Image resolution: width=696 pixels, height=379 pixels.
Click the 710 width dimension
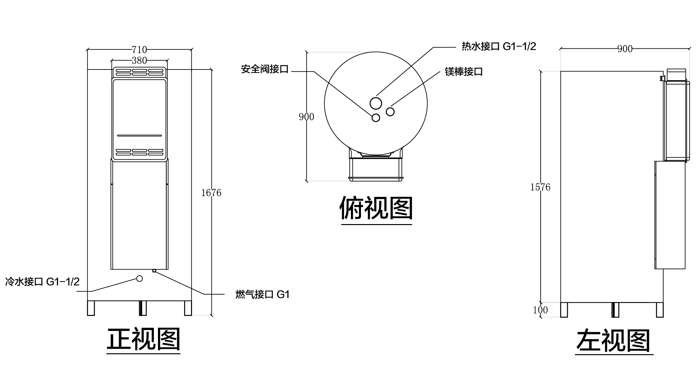coord(139,50)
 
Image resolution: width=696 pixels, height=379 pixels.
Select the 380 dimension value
coord(139,60)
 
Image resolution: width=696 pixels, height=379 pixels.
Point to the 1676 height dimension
coord(211,193)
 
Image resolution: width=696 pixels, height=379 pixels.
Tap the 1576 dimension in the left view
coord(540,187)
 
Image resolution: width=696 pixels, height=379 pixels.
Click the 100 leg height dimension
coord(540,310)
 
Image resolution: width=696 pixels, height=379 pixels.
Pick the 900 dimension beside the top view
coord(306,117)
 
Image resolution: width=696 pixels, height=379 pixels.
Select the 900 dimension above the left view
coord(625,49)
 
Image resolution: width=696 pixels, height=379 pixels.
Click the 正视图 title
coord(143,339)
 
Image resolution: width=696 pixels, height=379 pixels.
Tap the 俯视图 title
coord(376,208)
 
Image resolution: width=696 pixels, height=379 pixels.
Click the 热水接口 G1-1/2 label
coord(499,46)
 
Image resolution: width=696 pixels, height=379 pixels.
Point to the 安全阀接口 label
coord(265,69)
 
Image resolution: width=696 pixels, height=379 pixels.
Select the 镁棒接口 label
coord(464,71)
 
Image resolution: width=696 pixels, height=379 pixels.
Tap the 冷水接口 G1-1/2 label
coord(42,282)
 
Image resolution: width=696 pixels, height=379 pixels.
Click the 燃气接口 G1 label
coord(262,295)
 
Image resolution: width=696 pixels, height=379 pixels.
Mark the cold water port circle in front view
coord(139,278)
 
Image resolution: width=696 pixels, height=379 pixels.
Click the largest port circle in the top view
coord(376,104)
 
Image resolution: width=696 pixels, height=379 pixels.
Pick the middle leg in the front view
coord(143,308)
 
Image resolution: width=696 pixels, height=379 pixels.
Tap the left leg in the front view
coord(91,308)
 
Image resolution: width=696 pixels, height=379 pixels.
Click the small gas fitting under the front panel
coord(154,271)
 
